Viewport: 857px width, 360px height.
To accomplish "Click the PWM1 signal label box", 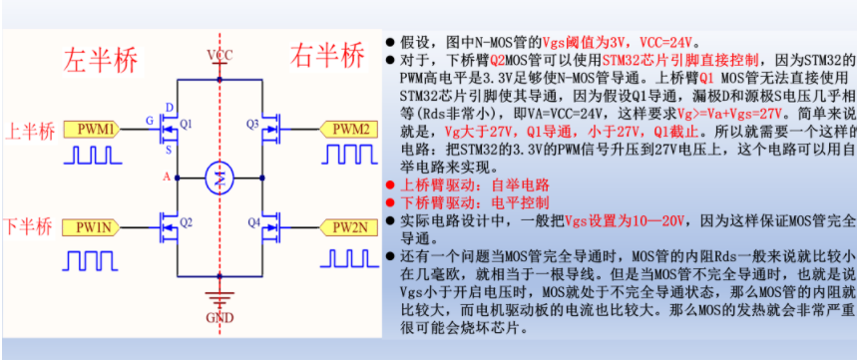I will [x=96, y=130].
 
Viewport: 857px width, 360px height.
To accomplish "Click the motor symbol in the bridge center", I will [x=217, y=180].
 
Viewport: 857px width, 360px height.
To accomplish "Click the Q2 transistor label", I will [x=186, y=221].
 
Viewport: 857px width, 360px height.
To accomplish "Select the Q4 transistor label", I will [x=252, y=221].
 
